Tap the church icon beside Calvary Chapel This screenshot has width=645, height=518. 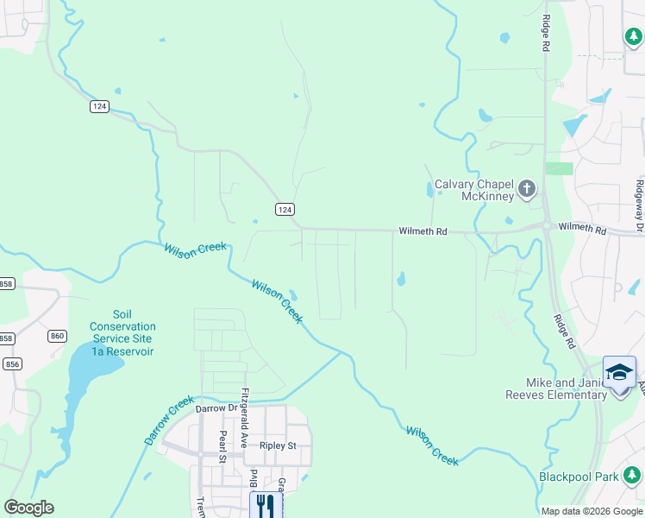click(526, 187)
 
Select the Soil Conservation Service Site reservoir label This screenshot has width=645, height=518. click(122, 333)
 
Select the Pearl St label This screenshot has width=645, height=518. click(222, 446)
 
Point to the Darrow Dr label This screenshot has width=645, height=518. click(216, 408)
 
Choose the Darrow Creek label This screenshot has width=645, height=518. click(160, 421)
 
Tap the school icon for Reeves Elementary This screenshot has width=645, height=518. click(619, 372)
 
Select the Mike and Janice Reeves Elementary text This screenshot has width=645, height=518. click(567, 388)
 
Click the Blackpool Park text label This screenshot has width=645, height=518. click(579, 476)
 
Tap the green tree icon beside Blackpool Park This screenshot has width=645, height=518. click(632, 475)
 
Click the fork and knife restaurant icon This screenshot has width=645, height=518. click(266, 505)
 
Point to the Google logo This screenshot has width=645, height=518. click(28, 508)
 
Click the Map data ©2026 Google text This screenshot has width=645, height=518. click(592, 511)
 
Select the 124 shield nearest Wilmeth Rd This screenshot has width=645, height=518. click(285, 210)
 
